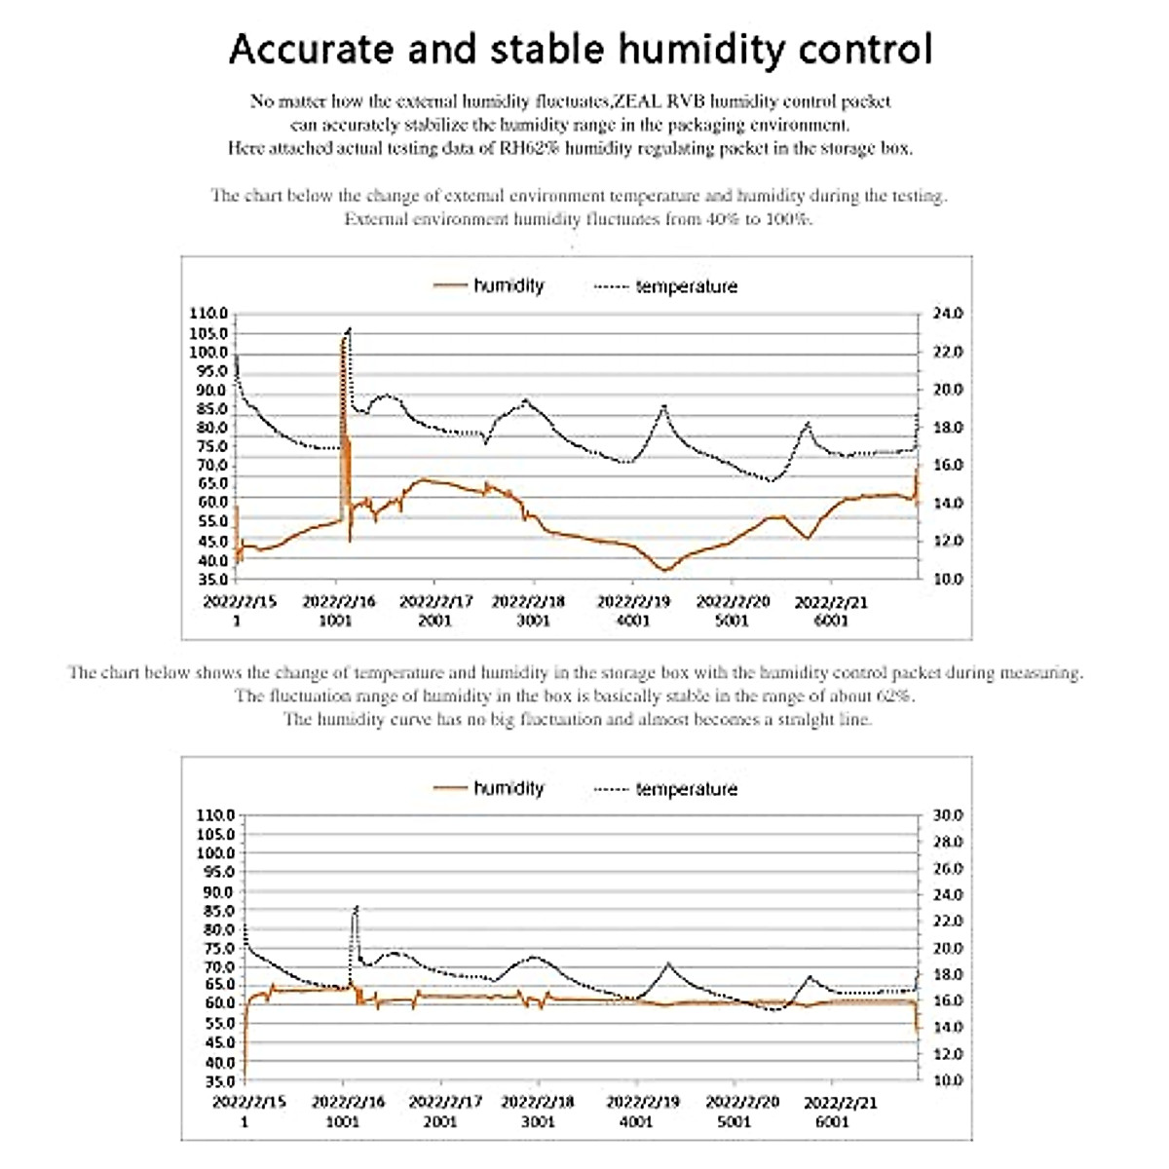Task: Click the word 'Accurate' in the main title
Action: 311,49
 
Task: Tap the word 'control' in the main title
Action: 865,49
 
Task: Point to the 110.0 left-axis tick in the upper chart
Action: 207,314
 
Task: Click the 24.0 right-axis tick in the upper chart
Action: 948,314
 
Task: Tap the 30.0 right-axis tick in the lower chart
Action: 948,815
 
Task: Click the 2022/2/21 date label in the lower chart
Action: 840,1103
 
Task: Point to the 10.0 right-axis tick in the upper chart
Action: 948,580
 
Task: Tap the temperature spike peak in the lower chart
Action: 356,907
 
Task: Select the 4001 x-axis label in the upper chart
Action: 633,621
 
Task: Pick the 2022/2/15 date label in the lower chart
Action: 249,1103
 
